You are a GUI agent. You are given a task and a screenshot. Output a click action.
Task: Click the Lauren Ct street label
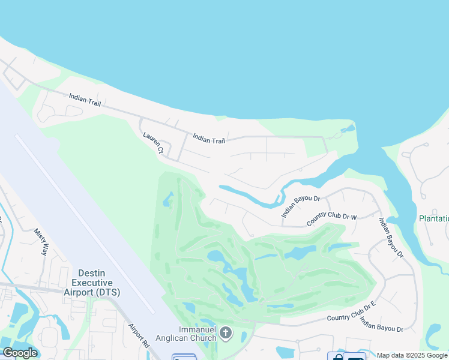[153, 143]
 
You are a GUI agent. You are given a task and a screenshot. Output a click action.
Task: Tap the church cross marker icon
[226, 332]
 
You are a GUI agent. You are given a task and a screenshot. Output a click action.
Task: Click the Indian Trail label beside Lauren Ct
[209, 139]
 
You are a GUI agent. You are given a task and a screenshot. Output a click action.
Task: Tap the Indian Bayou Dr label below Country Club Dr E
[381, 325]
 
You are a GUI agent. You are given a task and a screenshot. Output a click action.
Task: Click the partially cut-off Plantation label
[433, 219]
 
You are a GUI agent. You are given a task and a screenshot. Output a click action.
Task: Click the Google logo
[20, 353]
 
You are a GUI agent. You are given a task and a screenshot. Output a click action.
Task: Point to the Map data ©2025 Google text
[412, 355]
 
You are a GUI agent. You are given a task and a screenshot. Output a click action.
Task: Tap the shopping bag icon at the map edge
[338, 357]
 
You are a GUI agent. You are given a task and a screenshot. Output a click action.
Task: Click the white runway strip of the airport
[84, 222]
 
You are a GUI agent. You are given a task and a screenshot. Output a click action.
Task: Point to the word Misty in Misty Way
[38, 236]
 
